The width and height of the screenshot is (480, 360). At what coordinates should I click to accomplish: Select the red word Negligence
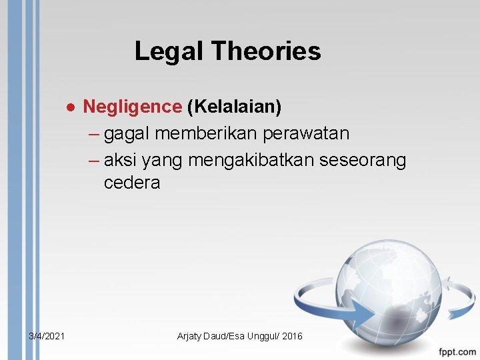point(132,106)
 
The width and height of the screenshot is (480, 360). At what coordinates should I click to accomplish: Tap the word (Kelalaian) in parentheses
point(234,106)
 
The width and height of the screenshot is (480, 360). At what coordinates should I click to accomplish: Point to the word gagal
point(127,134)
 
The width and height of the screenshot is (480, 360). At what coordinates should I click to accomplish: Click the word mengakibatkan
point(253,161)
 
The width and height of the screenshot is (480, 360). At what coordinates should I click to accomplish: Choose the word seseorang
point(365,161)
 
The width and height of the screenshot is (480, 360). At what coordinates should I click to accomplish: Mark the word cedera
point(132,183)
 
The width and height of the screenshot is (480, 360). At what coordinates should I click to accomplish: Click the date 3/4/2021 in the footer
point(47,336)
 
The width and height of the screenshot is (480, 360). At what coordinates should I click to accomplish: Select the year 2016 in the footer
point(292,336)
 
